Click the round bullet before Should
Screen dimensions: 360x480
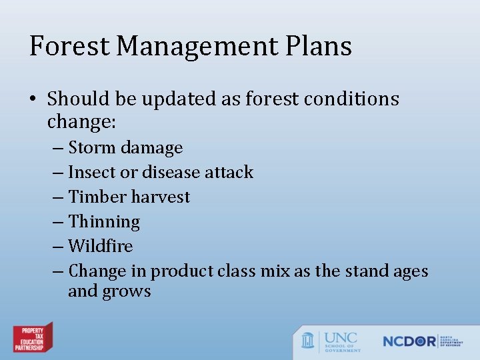[x=33, y=99]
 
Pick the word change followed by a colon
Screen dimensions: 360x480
[x=77, y=123]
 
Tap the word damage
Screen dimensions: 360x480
[x=153, y=147]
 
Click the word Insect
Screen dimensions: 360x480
[x=92, y=172]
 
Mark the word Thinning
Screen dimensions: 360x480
[x=104, y=221]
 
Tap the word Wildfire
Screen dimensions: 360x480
[x=101, y=246]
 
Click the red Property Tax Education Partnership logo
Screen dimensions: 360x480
[x=33, y=337]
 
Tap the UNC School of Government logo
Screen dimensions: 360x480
[x=331, y=341]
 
